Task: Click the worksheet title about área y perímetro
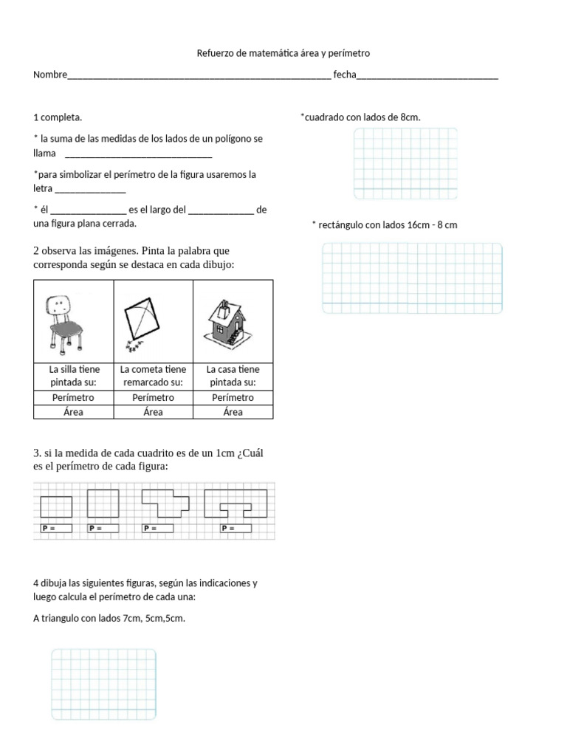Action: coord(283,54)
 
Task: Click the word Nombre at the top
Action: coord(49,75)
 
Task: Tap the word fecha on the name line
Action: coord(345,75)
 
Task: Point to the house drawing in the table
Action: coord(233,321)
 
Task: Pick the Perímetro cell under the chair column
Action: coord(73,398)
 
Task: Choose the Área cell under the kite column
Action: coord(153,412)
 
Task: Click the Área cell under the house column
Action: coord(233,412)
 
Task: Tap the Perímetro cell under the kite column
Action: coord(153,398)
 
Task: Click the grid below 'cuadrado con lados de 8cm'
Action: coord(405,163)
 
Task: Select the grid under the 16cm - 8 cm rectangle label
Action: coord(412,278)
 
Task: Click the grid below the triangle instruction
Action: coord(103,684)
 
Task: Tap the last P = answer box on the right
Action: coord(235,529)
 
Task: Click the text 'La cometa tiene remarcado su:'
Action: coord(153,376)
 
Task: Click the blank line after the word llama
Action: coord(139,154)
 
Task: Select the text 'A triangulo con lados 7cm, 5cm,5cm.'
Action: coord(109,618)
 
